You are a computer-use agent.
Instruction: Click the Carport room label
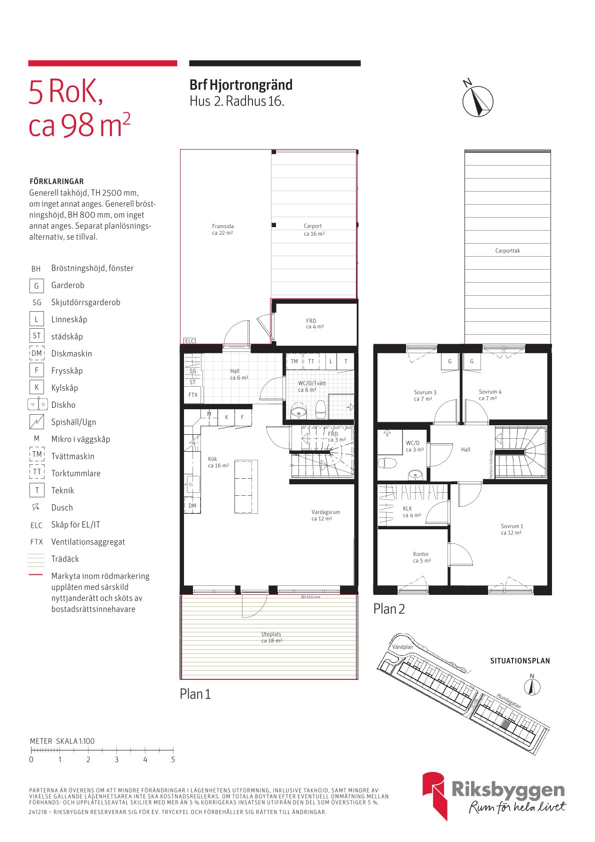(313, 230)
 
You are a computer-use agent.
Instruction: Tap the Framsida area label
(222, 229)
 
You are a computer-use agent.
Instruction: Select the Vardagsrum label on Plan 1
(325, 515)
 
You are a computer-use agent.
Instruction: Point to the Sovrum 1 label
(511, 529)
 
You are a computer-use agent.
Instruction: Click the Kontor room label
(421, 557)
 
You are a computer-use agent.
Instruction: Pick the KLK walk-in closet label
(411, 512)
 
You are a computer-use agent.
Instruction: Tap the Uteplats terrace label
(271, 637)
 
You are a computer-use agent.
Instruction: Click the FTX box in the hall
(192, 395)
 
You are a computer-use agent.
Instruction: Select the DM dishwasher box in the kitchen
(192, 506)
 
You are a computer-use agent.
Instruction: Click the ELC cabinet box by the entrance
(189, 341)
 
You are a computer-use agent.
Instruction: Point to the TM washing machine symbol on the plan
(294, 361)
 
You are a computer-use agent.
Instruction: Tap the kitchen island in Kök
(246, 486)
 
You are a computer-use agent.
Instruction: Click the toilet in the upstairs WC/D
(387, 463)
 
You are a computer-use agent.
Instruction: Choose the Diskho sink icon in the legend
(37, 404)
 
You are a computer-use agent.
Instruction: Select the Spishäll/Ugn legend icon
(37, 422)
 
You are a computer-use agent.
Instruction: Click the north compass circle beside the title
(478, 101)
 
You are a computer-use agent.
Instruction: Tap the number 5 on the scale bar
(173, 759)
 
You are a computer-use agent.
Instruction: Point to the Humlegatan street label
(508, 701)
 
